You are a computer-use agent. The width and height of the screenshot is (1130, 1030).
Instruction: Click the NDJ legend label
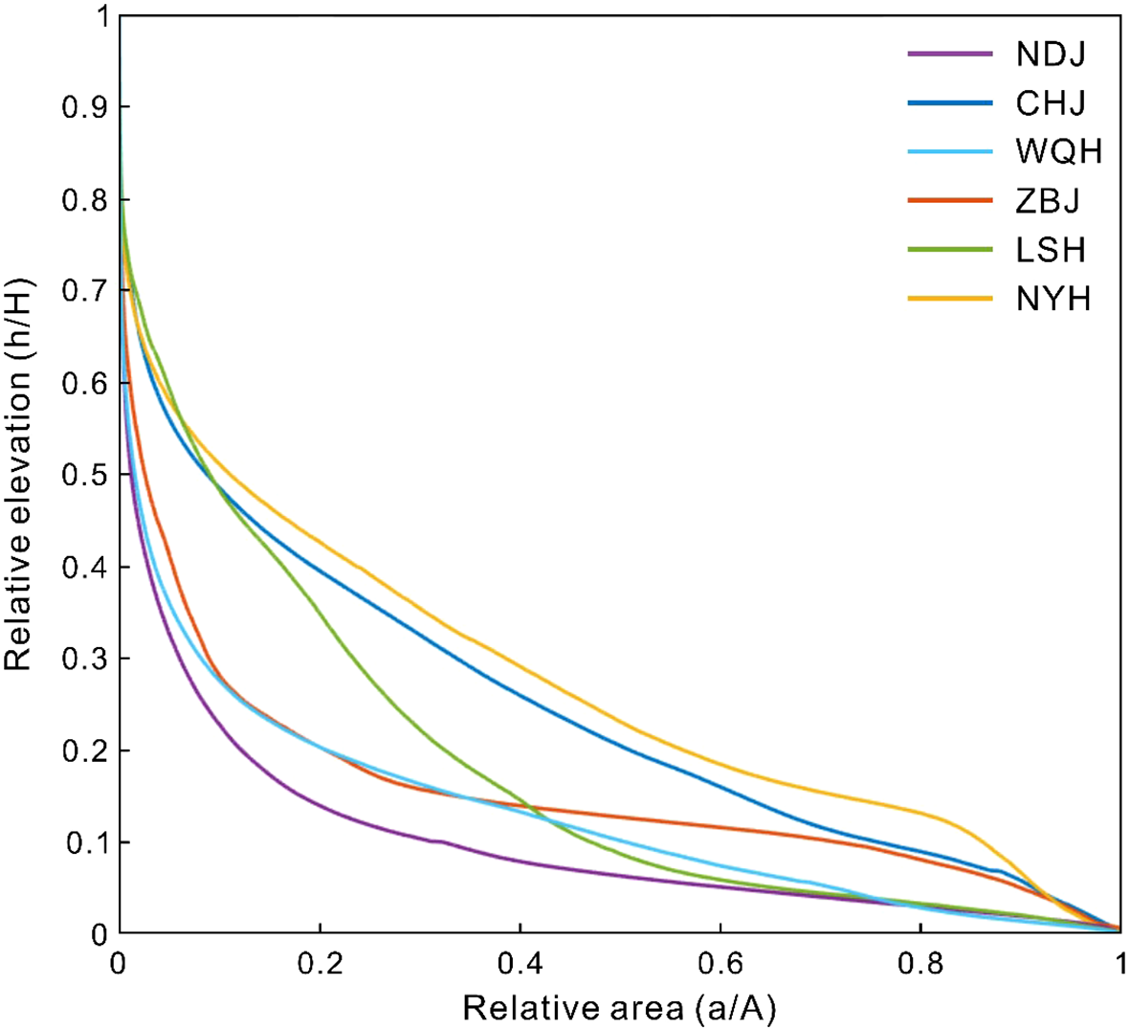point(1051,54)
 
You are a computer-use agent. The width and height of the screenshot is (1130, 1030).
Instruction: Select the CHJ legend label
point(1051,102)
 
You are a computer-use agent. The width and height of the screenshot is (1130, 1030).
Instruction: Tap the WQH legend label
point(1059,151)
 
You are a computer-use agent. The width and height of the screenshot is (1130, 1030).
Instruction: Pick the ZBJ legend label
point(1048,201)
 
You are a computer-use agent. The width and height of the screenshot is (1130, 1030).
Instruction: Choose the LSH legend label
point(1051,250)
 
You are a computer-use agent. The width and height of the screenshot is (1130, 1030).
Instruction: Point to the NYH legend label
point(1052,299)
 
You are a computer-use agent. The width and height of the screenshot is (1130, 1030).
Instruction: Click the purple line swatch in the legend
point(949,54)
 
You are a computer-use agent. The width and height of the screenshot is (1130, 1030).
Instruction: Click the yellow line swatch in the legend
point(949,299)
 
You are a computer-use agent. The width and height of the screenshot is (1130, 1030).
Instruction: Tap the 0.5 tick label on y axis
point(82,476)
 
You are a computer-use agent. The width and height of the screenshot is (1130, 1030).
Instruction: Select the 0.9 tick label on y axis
point(82,107)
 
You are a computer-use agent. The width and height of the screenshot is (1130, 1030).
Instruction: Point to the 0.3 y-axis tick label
point(82,660)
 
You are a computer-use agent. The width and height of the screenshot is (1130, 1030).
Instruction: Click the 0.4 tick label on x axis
point(520,963)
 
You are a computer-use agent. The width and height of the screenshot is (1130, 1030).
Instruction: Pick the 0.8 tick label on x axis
point(920,963)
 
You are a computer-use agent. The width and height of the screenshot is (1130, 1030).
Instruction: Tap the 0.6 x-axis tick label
point(720,963)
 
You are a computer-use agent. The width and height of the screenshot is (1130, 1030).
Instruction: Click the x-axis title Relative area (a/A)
point(619,1008)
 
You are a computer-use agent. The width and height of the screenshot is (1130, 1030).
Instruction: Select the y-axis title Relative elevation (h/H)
point(19,474)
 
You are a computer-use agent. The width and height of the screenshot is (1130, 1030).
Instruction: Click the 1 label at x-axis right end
point(1119,963)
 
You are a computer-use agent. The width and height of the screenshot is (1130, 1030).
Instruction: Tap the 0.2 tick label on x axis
point(320,963)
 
